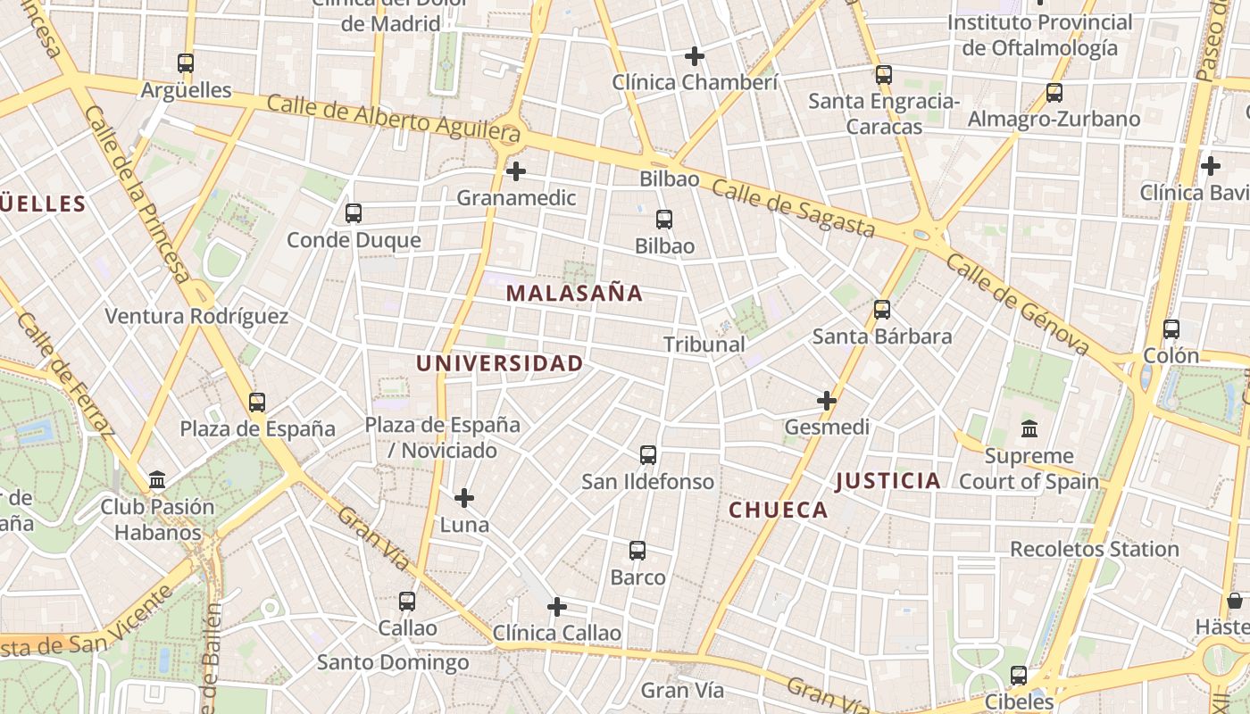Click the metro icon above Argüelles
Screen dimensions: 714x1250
pos(186,63)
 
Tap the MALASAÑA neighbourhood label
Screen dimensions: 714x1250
pos(574,293)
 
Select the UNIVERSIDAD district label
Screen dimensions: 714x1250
pos(499,363)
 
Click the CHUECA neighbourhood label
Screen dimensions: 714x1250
pos(779,510)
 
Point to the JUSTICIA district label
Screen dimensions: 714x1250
pos(887,481)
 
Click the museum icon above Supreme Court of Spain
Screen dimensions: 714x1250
pos(1029,429)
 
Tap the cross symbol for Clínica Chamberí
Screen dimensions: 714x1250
pos(695,56)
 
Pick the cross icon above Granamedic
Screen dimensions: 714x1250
pos(516,171)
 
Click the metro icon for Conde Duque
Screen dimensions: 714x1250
pos(354,213)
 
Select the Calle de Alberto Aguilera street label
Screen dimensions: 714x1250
pos(393,116)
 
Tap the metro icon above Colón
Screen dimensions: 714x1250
pos(1171,329)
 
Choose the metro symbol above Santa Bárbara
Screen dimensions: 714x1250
pos(882,310)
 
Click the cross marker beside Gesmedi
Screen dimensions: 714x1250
pos(827,401)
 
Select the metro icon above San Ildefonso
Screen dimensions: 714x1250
pos(648,455)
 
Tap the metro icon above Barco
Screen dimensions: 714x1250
pos(637,551)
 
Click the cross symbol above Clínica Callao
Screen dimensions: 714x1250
pos(557,607)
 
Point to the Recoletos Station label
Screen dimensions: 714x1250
pos(1094,549)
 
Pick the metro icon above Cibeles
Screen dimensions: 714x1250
pos(1019,676)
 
